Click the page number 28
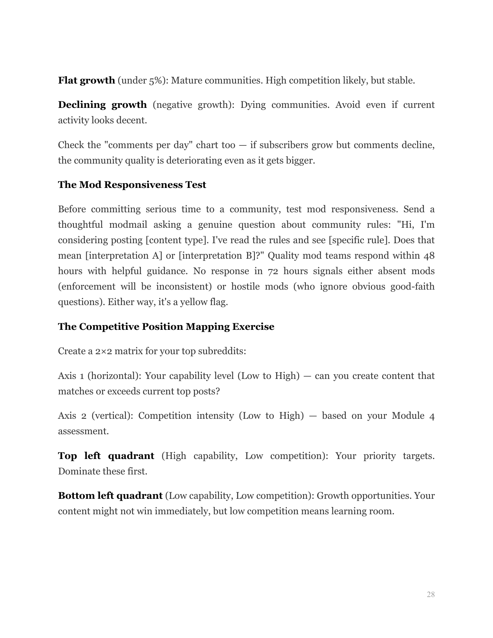point(430,594)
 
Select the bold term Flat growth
point(86,80)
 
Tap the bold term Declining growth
point(102,105)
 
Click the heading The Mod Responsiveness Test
point(132,185)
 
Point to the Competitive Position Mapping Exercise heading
point(166,327)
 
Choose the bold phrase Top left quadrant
point(106,456)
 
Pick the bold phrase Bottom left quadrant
point(110,496)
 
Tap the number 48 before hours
point(429,256)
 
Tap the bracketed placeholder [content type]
point(177,240)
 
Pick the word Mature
point(186,80)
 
